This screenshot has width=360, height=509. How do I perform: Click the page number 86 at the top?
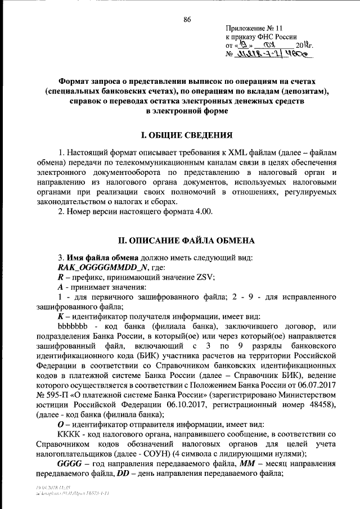coord(187,20)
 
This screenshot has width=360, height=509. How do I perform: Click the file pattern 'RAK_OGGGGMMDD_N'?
coord(94,267)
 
